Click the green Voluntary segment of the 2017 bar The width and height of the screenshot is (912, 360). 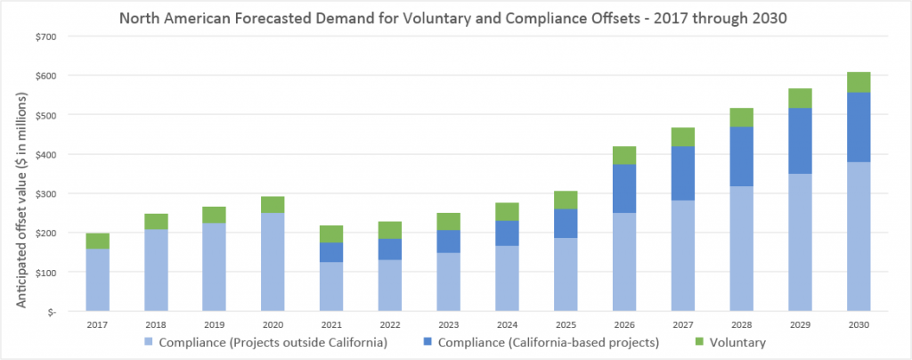pyautogui.click(x=98, y=241)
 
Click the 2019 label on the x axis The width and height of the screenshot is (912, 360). pyautogui.click(x=214, y=325)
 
